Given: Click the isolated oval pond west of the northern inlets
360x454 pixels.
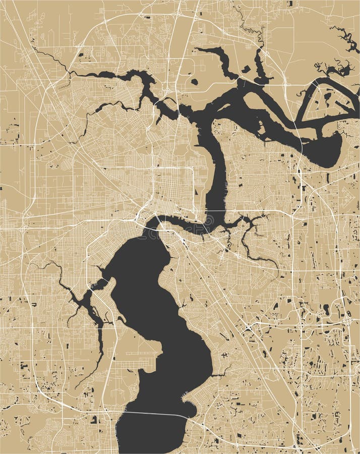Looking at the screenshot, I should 194,81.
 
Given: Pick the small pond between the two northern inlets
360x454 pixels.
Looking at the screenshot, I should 247,69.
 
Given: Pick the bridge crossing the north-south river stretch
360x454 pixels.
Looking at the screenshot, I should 217,210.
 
